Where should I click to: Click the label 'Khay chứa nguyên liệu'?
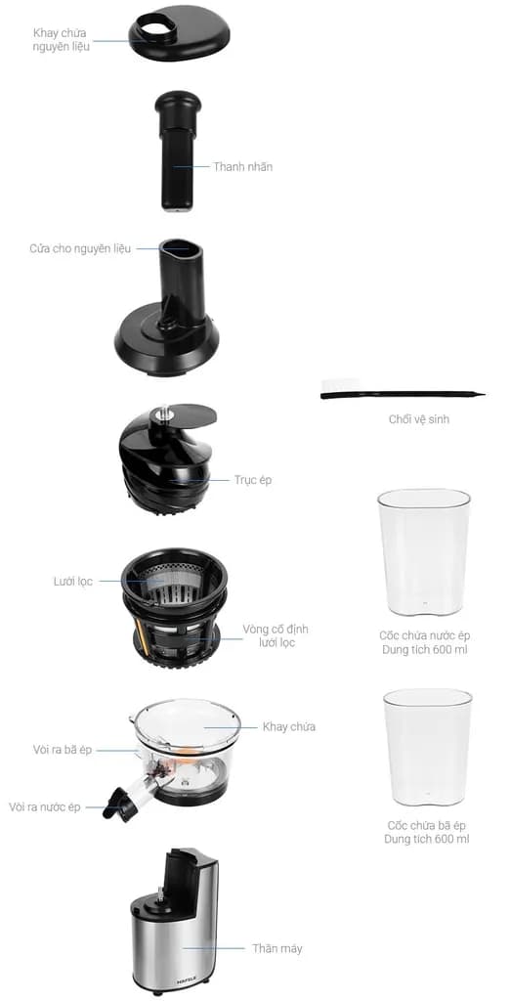(61, 39)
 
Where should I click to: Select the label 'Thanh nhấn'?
(242, 166)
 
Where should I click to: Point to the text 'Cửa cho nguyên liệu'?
(80, 248)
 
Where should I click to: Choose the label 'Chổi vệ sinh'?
(418, 419)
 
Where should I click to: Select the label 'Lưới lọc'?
(72, 581)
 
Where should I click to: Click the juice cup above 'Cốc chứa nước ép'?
(423, 551)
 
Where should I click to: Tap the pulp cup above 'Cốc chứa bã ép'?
(427, 747)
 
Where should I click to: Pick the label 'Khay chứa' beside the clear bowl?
(288, 726)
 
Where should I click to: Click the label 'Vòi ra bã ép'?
(62, 749)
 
